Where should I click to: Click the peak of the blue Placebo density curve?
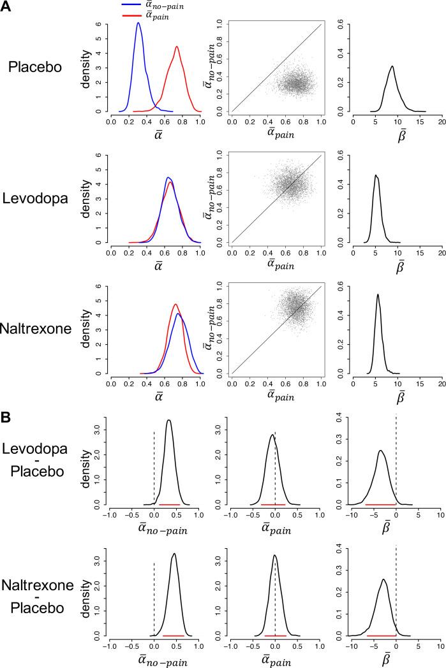pyautogui.click(x=138, y=23)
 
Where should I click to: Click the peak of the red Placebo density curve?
pyautogui.click(x=177, y=47)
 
